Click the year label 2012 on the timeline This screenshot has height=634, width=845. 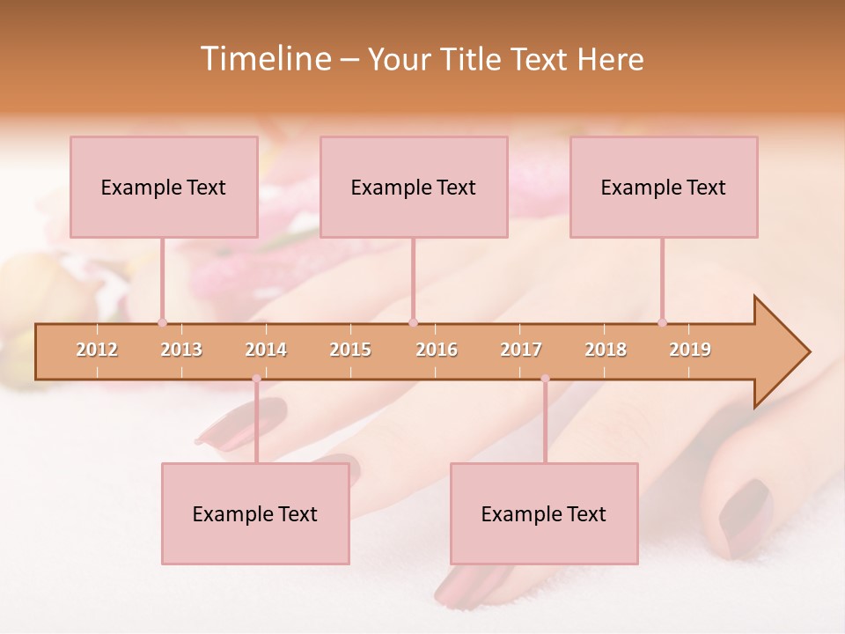click(97, 350)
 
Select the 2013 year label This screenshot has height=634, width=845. click(181, 350)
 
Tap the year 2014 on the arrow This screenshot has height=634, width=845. click(266, 350)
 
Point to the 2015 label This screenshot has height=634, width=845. click(350, 350)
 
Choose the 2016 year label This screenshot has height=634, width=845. click(437, 350)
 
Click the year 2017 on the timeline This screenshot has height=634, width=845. click(521, 350)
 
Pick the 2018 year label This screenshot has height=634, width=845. click(606, 350)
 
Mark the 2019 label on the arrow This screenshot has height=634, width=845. click(690, 350)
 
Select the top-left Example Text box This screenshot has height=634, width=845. click(164, 187)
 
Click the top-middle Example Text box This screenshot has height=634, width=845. click(414, 187)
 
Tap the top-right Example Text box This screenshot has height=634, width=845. click(664, 187)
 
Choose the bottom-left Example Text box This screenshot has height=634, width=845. click(255, 513)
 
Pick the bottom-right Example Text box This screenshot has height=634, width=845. click(544, 513)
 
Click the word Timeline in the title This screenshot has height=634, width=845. click(264, 59)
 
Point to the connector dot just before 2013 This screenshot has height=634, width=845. click(162, 322)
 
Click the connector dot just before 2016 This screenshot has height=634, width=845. click(413, 322)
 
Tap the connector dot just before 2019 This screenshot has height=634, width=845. click(662, 322)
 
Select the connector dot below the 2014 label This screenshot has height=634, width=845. click(256, 379)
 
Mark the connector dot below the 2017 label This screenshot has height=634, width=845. click(545, 379)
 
